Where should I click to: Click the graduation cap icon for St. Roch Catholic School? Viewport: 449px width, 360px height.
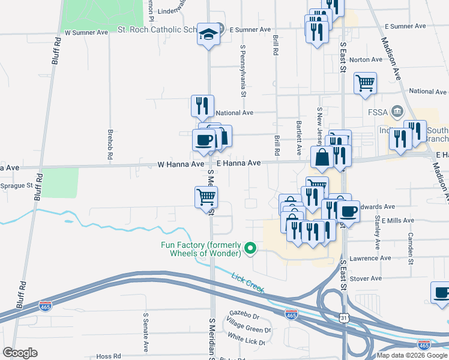click(209, 34)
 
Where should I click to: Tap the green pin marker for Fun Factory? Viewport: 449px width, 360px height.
click(253, 247)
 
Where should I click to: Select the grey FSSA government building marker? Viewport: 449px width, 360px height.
click(397, 111)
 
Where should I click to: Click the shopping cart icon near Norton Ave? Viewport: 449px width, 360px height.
click(365, 83)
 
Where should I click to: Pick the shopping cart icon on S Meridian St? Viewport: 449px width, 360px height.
click(206, 196)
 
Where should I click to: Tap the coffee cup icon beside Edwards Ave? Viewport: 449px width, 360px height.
click(348, 211)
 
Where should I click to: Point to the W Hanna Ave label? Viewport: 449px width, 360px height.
click(181, 163)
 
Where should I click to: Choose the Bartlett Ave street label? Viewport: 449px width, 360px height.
click(298, 137)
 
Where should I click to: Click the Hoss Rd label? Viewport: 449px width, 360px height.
click(109, 356)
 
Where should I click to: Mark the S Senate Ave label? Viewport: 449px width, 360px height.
click(145, 331)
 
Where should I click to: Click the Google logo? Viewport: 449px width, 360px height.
click(20, 353)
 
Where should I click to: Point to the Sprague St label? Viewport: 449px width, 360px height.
click(16, 185)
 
